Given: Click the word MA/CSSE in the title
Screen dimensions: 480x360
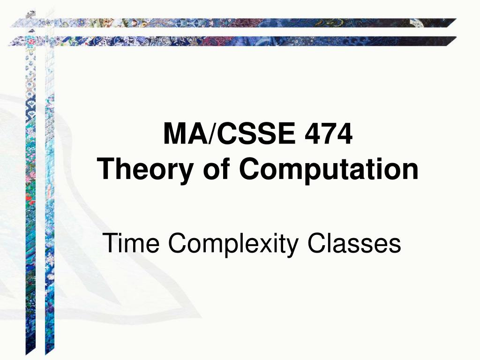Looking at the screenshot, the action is tap(230, 134).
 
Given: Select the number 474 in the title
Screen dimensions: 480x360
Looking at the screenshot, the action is tap(329, 134).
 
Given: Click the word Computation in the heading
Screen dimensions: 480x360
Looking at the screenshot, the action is tap(329, 170).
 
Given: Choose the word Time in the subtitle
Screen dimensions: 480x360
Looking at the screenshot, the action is tap(131, 243).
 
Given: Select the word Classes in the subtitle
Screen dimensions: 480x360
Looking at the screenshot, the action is tap(354, 243).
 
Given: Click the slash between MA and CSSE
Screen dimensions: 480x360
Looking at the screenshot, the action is tap(213, 134).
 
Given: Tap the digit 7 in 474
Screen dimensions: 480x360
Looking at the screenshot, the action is tap(329, 134).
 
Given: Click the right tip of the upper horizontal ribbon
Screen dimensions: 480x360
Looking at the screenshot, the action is tap(457, 19).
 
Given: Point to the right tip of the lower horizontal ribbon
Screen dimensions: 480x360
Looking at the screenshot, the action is tap(457, 37).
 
